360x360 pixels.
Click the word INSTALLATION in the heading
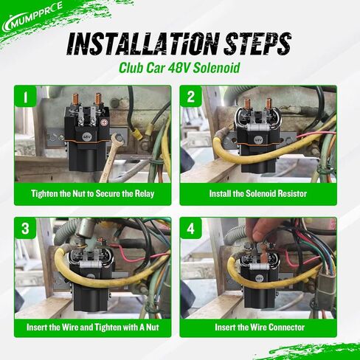tap(142, 44)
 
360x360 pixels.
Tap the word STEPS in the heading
tap(257, 44)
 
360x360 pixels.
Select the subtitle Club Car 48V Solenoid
tap(179, 68)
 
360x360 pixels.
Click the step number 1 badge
tap(25, 97)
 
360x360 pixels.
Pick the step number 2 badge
tap(191, 97)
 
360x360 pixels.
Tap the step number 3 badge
tap(25, 228)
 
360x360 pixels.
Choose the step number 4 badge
tap(191, 228)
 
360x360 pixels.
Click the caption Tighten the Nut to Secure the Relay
tap(93, 194)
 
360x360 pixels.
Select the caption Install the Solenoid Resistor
tap(258, 194)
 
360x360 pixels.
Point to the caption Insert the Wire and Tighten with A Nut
tap(93, 328)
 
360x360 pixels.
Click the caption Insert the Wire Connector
tap(260, 328)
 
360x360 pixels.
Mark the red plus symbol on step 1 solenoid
tap(104, 122)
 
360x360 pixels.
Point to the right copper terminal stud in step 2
tap(268, 105)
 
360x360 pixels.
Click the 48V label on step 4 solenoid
tap(260, 278)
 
